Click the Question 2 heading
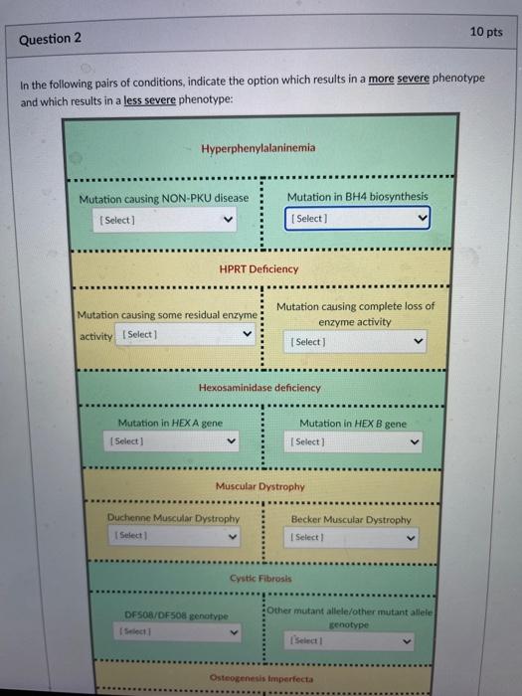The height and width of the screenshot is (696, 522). click(x=50, y=39)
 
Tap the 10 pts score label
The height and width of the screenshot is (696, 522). click(x=485, y=32)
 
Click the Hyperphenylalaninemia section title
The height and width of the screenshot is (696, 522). click(x=258, y=148)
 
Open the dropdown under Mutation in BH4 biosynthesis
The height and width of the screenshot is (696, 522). click(x=358, y=218)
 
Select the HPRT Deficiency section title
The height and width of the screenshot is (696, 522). click(x=259, y=268)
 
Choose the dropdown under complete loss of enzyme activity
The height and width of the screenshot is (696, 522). click(x=357, y=342)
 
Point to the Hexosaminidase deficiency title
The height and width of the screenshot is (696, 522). click(x=260, y=388)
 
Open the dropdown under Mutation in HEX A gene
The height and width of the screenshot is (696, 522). click(x=174, y=440)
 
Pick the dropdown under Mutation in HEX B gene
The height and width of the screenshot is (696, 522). click(x=354, y=441)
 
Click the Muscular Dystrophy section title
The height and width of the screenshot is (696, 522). click(x=260, y=487)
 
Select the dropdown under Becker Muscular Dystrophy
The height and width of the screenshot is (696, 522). click(x=354, y=538)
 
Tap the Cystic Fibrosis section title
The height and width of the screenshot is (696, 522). click(x=261, y=578)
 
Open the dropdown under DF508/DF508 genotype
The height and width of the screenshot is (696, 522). click(x=177, y=631)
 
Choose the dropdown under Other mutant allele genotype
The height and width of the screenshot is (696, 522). click(x=354, y=642)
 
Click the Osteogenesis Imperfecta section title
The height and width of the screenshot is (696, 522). click(x=261, y=678)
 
